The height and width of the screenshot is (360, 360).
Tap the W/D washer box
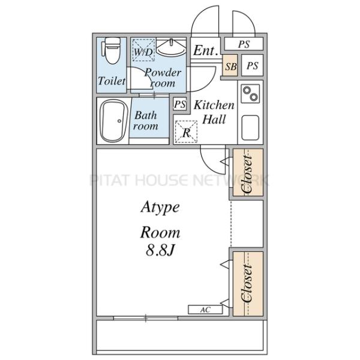[x=143, y=50]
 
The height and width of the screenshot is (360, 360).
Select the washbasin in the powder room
[x=171, y=47]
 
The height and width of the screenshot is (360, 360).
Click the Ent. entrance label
[x=205, y=50]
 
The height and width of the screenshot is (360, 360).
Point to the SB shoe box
[x=230, y=66]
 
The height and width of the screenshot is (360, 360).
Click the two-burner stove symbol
[x=250, y=94]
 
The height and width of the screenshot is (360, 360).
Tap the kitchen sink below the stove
[x=250, y=128]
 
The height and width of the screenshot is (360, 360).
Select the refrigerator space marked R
[x=186, y=131]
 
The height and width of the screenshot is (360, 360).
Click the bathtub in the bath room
[x=114, y=121]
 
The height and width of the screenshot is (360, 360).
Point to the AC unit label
[x=205, y=310]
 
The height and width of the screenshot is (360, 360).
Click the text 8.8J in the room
[x=160, y=250]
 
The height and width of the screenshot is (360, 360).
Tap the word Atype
[x=160, y=208]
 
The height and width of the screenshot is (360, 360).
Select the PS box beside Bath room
[x=180, y=104]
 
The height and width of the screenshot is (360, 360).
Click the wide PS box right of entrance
[x=244, y=44]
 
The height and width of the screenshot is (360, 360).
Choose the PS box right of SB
[x=253, y=66]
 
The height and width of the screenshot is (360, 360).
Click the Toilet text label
[x=112, y=81]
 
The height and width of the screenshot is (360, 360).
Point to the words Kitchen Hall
[x=214, y=112]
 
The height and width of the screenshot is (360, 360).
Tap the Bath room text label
[x=146, y=121]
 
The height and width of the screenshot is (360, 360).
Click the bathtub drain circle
[x=119, y=121]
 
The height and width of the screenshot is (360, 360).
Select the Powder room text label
[x=163, y=77]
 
